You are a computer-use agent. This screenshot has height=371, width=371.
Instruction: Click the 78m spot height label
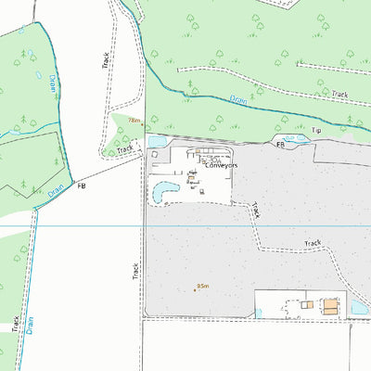click(134, 121)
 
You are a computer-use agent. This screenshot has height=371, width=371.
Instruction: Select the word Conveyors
click(221, 165)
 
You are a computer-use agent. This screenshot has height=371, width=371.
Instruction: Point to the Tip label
click(315, 131)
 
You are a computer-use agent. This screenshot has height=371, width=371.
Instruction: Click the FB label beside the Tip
click(279, 145)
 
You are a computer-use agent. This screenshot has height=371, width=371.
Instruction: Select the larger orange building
click(330, 304)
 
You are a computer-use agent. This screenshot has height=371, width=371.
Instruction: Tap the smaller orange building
click(306, 303)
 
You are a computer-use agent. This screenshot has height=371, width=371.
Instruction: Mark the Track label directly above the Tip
click(339, 95)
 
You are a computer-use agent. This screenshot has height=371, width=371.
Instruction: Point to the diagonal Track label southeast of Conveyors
click(255, 211)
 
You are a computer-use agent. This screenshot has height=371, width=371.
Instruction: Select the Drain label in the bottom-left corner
click(30, 325)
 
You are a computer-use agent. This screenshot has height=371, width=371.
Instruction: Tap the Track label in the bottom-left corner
click(15, 323)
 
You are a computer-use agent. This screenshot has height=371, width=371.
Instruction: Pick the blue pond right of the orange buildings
click(359, 306)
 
